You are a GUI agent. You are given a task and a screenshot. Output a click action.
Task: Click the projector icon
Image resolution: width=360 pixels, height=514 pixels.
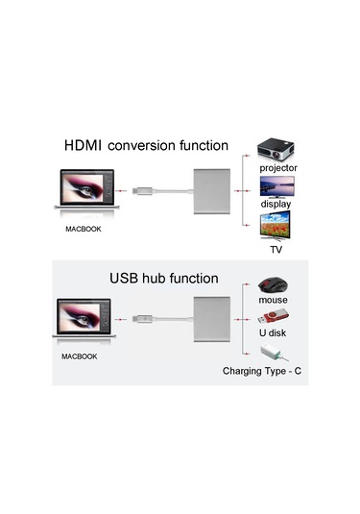(x=277, y=149)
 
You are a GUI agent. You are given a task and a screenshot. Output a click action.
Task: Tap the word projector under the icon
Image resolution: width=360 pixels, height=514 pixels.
(x=278, y=168)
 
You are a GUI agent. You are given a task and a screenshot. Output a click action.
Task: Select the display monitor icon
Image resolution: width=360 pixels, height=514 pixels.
(x=277, y=187)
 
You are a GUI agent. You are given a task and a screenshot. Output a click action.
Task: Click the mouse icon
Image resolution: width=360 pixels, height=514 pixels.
(x=274, y=286)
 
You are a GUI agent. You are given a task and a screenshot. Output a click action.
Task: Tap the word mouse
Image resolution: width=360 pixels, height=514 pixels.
(x=274, y=301)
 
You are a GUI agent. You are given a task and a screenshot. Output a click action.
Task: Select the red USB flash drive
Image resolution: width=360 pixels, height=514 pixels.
(x=274, y=318)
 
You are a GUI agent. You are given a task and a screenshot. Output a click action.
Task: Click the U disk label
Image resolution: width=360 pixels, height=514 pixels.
(x=274, y=335)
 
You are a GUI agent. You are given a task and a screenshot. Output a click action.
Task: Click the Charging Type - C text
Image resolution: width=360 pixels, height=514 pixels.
(x=263, y=370)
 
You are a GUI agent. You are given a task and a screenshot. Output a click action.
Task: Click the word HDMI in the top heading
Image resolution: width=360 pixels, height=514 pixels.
(x=84, y=147)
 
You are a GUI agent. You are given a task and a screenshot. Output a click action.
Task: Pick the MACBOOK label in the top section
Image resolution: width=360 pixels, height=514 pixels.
(x=83, y=229)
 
